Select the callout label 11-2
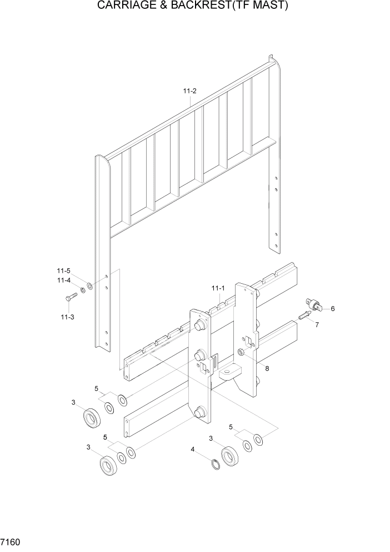point(189,91)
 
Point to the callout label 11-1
point(217,288)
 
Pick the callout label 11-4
point(63,280)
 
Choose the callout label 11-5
point(63,271)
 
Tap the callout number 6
point(332,309)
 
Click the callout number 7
point(317,325)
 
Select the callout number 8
point(267,368)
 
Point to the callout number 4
point(193,449)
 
